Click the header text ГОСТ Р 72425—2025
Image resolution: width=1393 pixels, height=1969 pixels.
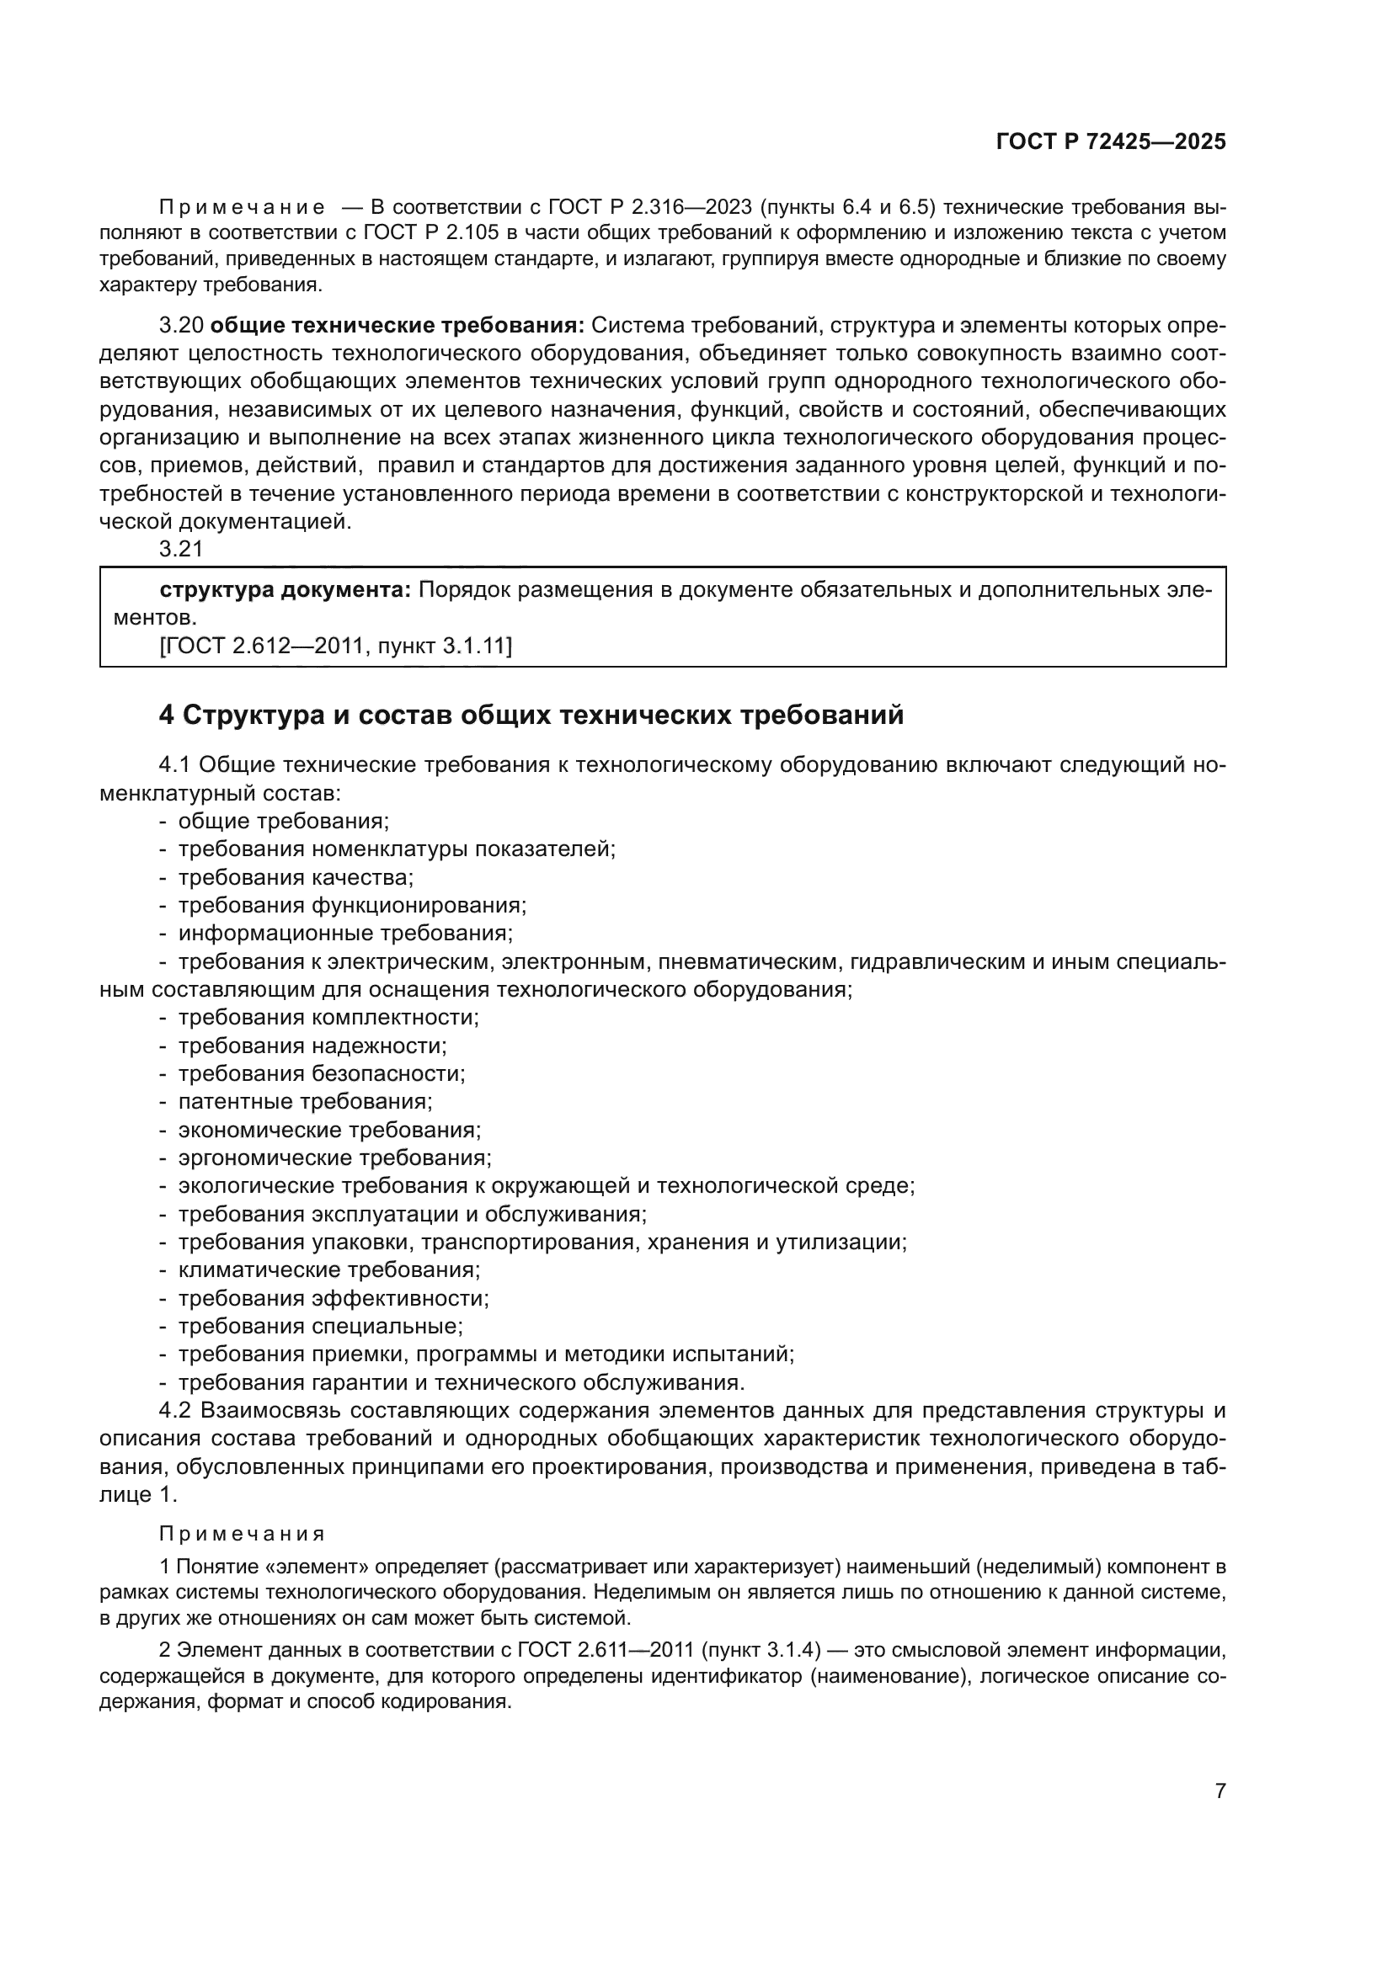[x=1111, y=141]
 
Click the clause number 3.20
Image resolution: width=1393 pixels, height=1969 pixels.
[x=181, y=325]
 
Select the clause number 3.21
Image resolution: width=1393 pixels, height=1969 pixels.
[x=181, y=549]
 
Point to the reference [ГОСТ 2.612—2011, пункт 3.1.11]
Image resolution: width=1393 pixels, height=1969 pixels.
[x=335, y=645]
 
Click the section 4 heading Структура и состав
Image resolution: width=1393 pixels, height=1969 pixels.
[x=531, y=715]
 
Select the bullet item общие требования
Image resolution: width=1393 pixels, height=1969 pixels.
[x=283, y=821]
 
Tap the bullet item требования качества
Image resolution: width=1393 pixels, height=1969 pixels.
[x=295, y=877]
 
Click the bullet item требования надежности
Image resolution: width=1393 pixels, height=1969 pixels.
[x=312, y=1046]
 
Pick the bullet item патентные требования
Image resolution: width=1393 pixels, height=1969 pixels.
[x=306, y=1102]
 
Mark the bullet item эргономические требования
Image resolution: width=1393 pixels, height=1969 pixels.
[x=334, y=1157]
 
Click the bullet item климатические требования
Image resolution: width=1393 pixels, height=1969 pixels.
[x=329, y=1270]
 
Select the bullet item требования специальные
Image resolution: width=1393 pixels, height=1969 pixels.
[x=320, y=1326]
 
